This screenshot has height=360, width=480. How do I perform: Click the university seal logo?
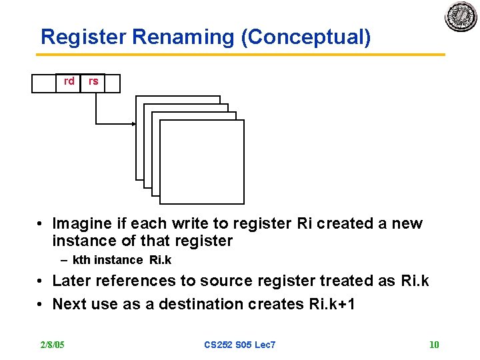coord(461,17)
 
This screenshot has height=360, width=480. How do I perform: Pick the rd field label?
coord(69,81)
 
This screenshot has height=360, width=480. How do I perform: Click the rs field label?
coord(93,81)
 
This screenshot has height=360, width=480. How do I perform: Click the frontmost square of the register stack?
coord(202,161)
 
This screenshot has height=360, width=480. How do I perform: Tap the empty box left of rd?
coord(43,83)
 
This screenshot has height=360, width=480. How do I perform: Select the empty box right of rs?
coord(113,83)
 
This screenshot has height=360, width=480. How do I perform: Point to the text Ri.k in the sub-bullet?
coord(161,260)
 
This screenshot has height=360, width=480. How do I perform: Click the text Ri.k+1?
coord(333,305)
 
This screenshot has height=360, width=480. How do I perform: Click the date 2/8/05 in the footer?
coord(51,345)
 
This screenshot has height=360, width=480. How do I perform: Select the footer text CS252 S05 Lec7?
coord(239,345)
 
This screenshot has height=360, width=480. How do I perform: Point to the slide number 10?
coord(434,345)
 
